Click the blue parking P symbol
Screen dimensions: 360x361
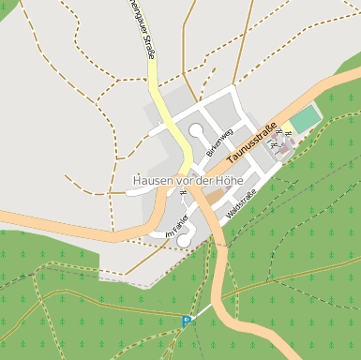pyautogui.click(x=187, y=322)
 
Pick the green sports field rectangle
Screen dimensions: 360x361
pyautogui.click(x=304, y=120)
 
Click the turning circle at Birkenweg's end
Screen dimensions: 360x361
pyautogui.click(x=196, y=130)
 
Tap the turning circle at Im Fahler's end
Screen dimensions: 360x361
pyautogui.click(x=184, y=241)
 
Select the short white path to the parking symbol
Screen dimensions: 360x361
pyautogui.click(x=200, y=312)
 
